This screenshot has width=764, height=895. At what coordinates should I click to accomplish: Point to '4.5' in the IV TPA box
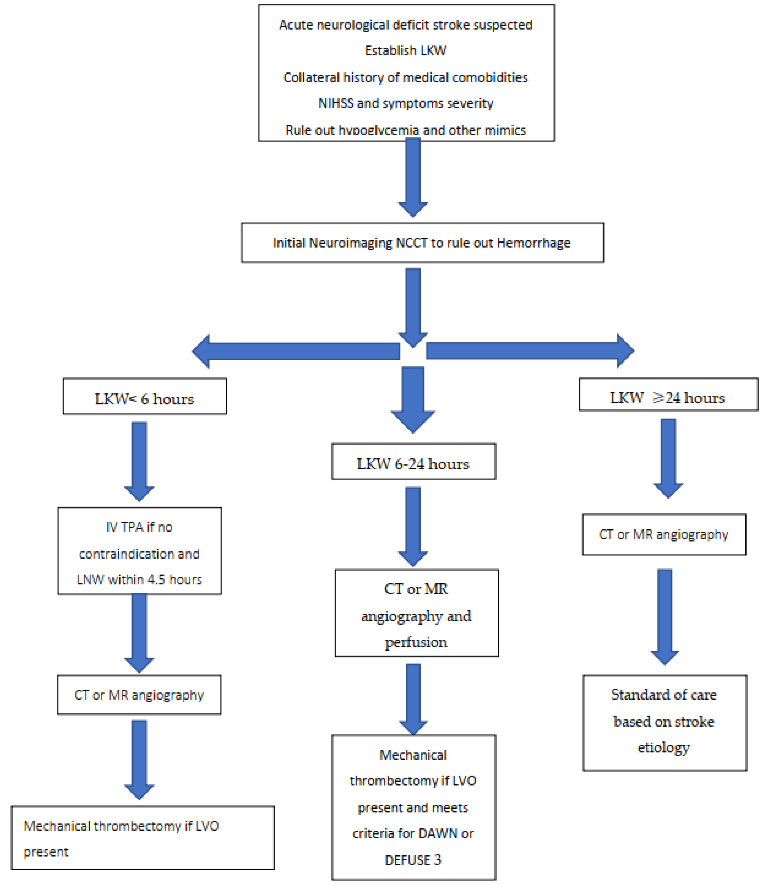click(156, 580)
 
